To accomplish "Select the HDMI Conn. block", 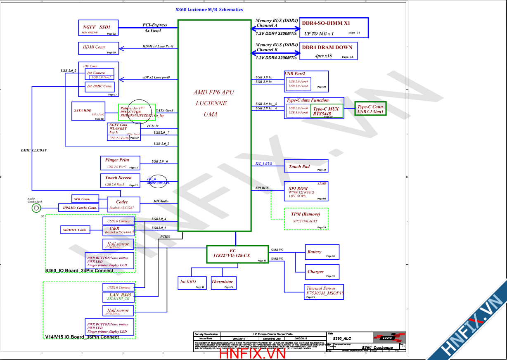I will tap(98, 48).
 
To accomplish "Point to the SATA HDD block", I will tap(88, 111).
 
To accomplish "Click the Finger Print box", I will tap(120, 163).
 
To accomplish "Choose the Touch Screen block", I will tap(120, 180).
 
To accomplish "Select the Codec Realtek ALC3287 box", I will tap(122, 204).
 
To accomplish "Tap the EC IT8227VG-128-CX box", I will tap(237, 254).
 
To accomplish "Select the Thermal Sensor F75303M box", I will tap(323, 292).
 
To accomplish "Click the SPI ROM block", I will tap(306, 192).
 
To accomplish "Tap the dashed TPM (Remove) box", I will tap(306, 218).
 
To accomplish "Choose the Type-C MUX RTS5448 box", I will tap(327, 111).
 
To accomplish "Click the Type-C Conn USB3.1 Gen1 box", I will tap(370, 109).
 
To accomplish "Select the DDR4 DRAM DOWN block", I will tap(328, 51).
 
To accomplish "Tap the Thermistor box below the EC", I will tap(223, 283).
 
